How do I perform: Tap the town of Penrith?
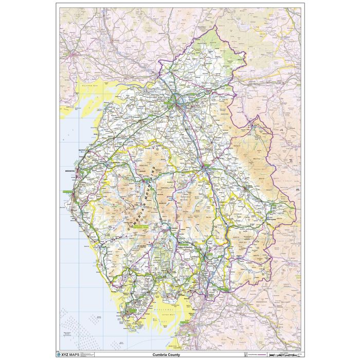(x=204, y=168)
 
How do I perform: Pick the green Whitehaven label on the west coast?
(x=68, y=191)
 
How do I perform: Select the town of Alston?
(x=253, y=124)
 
